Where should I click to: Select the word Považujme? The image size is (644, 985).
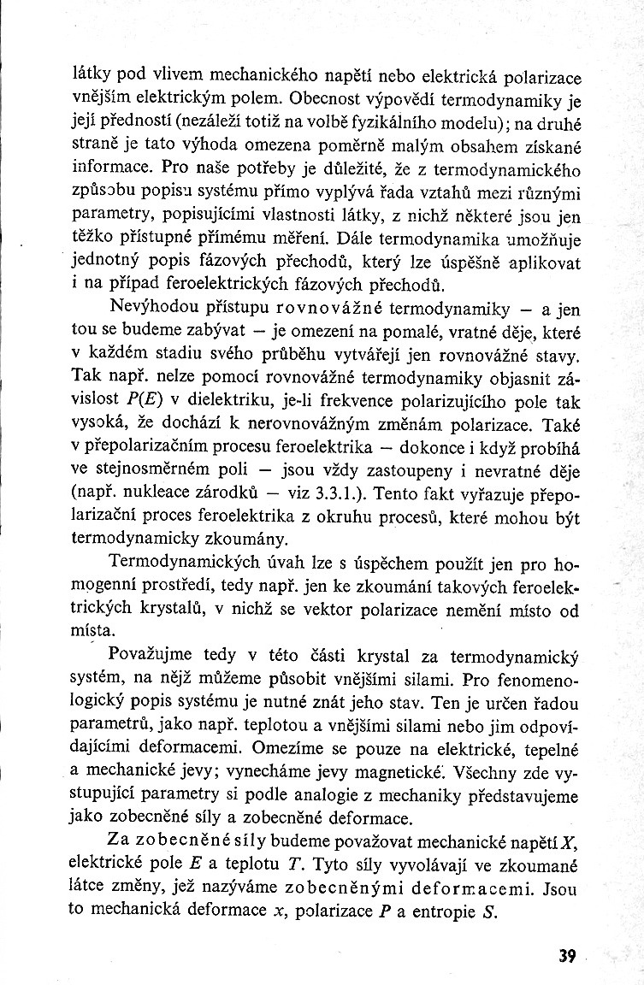(x=150, y=656)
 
